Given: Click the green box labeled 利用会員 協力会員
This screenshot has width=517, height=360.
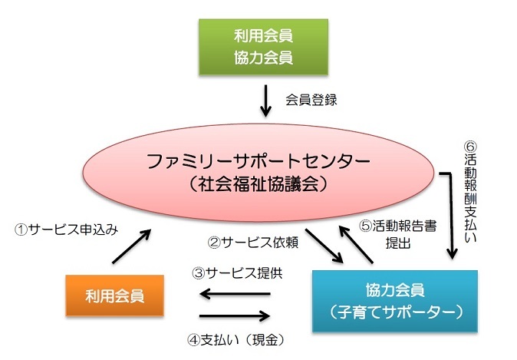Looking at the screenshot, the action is tap(263, 47).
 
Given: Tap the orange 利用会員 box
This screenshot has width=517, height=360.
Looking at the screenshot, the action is tap(115, 296).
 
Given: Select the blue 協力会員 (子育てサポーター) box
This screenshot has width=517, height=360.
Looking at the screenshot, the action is tap(395, 301).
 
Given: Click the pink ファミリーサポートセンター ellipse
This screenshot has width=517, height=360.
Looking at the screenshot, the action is tap(258, 172).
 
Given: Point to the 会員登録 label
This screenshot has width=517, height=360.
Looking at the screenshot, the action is tap(311, 100).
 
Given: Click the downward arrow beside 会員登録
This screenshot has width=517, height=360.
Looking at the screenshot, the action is tap(265, 101).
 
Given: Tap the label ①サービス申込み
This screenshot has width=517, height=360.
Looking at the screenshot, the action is tap(66, 230).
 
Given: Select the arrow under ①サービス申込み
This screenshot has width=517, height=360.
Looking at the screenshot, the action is tap(132, 246).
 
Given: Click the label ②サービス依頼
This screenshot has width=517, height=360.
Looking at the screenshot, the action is tap(253, 243).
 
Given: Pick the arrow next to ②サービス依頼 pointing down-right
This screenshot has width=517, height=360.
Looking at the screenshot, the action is tap(324, 246).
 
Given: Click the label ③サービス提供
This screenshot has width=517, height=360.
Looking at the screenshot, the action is tap(237, 273).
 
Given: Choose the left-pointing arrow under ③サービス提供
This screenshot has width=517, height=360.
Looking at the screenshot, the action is tap(235, 294).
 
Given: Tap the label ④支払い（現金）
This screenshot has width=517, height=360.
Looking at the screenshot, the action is tap(236, 340).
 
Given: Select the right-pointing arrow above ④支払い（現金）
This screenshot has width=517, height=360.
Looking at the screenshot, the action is tap(235, 316).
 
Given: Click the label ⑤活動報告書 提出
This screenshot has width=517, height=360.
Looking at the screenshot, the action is tap(397, 235).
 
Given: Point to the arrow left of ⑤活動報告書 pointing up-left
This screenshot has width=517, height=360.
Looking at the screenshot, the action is tap(357, 244).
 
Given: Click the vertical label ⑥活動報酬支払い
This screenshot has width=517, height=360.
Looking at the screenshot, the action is tap(470, 192).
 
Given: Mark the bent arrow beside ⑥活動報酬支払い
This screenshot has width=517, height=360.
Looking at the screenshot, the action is tap(451, 214).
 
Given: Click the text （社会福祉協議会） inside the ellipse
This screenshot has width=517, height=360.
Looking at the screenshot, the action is tap(258, 183).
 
